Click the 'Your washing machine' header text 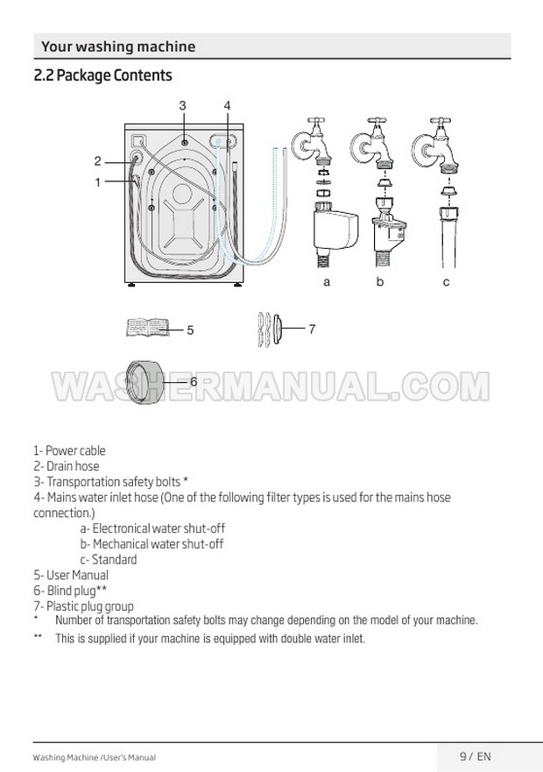(x=118, y=46)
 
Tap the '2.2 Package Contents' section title (x=102, y=75)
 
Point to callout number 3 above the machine (x=182, y=105)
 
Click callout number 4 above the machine (x=227, y=105)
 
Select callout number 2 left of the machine (x=98, y=161)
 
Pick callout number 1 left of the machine (x=98, y=182)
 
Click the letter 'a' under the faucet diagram (x=327, y=282)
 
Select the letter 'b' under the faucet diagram (x=380, y=282)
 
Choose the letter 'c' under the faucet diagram (x=446, y=282)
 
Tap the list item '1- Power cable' (x=69, y=451)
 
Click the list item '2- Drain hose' (x=67, y=467)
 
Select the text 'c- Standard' (x=109, y=560)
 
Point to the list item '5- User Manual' (x=71, y=576)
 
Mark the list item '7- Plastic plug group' (x=83, y=606)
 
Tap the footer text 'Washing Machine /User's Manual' (x=95, y=757)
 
